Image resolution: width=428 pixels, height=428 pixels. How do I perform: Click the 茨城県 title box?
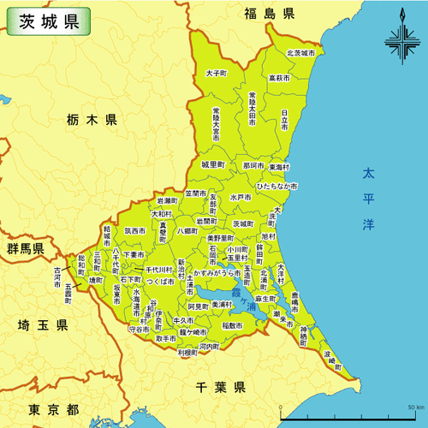point(47,21)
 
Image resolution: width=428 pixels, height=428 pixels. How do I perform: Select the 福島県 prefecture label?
point(268,14)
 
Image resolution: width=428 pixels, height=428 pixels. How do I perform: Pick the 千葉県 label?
point(220,386)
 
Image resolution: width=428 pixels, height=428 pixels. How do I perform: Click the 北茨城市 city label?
point(300,53)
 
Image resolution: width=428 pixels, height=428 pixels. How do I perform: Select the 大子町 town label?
point(216,74)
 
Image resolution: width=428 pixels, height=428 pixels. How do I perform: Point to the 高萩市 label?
point(279,78)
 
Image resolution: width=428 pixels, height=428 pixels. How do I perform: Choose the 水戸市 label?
point(241,197)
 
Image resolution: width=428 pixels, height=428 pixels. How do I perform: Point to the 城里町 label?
point(212,163)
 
